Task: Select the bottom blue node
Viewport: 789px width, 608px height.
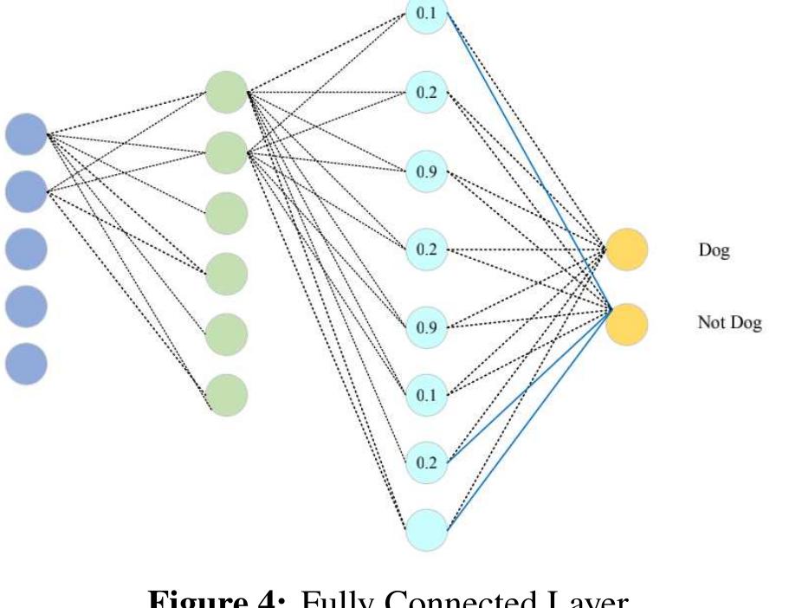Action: point(26,364)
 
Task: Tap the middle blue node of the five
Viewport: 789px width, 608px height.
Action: point(26,249)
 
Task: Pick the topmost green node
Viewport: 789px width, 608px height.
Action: point(227,91)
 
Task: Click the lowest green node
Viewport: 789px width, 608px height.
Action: point(227,395)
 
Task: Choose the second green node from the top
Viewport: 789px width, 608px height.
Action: point(227,152)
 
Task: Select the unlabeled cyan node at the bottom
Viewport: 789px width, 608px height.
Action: point(427,529)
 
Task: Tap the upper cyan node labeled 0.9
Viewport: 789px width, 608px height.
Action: point(427,171)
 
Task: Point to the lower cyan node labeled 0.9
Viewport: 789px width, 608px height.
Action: point(427,327)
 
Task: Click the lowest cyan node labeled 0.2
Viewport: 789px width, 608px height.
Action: point(427,462)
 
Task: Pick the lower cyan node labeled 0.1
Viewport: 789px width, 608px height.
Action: point(427,395)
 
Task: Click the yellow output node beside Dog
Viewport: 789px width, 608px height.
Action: point(627,250)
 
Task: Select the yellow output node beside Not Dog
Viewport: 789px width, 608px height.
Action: point(627,324)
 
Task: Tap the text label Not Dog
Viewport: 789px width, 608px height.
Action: point(729,324)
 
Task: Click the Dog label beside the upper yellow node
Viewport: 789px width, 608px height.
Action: point(714,251)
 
